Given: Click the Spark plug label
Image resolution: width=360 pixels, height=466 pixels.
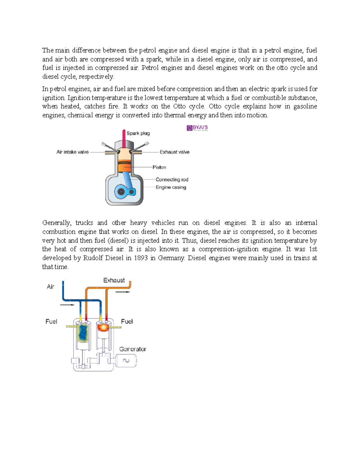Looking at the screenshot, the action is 138,133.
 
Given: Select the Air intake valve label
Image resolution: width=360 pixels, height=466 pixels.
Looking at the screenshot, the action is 73,152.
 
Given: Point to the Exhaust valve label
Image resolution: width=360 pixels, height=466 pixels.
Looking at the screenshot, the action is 174,152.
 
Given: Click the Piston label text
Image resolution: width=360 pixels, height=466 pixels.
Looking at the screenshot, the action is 159,167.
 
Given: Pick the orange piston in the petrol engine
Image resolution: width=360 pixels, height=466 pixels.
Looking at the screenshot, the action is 124,167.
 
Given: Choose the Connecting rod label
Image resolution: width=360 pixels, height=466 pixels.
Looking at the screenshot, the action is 172,179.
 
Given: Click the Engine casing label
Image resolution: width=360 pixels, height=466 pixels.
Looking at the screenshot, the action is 171,187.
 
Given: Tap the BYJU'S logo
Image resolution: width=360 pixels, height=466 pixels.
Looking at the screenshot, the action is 197,128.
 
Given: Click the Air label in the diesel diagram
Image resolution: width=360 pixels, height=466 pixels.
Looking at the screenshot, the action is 50,287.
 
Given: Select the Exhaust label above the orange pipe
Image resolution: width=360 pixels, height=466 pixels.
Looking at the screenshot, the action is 114,280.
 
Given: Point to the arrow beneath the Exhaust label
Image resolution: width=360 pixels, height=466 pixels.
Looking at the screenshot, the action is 123,292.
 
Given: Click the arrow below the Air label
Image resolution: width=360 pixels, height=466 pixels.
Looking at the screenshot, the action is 67,305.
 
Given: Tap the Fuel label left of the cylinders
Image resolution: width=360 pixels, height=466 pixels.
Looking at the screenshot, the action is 51,321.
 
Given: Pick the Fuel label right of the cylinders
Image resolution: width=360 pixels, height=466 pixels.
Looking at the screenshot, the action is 127,321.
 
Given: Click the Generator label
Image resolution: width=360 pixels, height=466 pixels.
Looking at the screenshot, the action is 133,349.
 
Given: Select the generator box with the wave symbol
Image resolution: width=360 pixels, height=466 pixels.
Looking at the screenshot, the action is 126,361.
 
